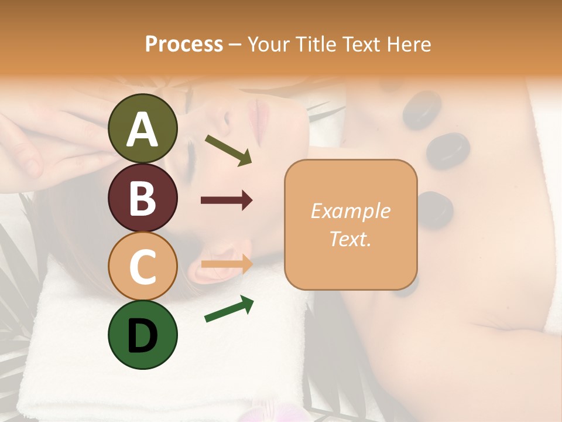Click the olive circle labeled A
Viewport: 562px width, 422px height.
click(x=143, y=128)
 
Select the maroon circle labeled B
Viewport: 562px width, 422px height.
click(x=143, y=198)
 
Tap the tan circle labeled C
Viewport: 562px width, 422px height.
click(x=143, y=266)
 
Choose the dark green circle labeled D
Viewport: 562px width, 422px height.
click(x=143, y=335)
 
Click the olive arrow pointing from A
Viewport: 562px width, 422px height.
click(x=228, y=149)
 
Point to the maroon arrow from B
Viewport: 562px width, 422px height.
click(x=227, y=200)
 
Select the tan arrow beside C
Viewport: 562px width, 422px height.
click(x=227, y=264)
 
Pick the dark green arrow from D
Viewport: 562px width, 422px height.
click(x=229, y=309)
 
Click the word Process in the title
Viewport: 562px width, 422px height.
click(x=184, y=45)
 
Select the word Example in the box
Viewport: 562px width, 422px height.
click(x=351, y=211)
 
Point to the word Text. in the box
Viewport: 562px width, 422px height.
click(x=351, y=239)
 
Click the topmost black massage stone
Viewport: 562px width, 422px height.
click(x=421, y=110)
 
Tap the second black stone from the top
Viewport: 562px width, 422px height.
click(x=448, y=151)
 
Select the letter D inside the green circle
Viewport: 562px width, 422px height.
click(x=143, y=336)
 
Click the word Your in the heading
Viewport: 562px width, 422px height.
click(x=268, y=45)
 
